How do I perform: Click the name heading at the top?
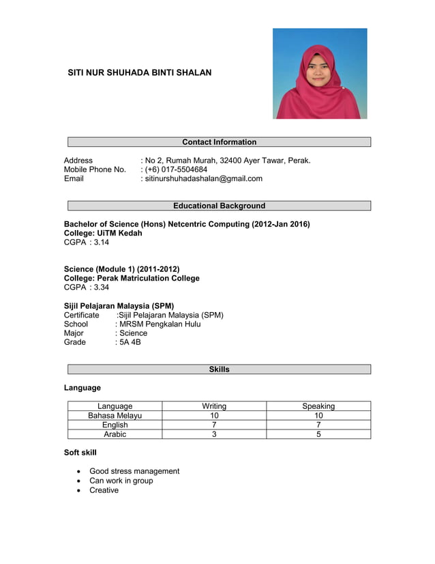tap(139, 72)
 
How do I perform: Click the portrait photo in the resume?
tap(320, 73)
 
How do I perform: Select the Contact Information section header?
tap(219, 142)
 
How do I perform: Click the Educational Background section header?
tap(219, 206)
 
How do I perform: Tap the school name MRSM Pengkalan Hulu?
tap(160, 324)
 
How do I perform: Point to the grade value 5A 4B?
tap(130, 342)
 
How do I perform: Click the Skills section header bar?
tap(219, 369)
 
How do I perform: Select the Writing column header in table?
tap(214, 406)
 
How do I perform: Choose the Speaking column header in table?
tap(318, 406)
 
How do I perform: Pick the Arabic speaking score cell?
tap(318, 434)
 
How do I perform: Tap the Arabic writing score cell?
tap(214, 434)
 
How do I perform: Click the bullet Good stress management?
tap(134, 471)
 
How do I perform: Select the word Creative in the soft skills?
tap(104, 490)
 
